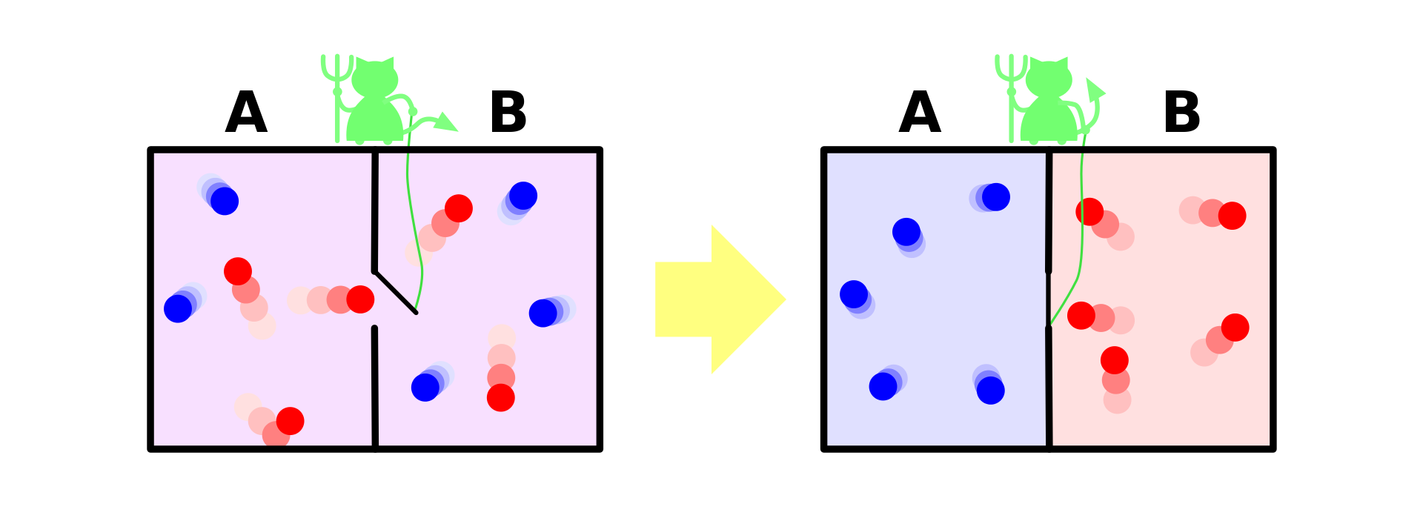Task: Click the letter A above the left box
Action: (x=246, y=113)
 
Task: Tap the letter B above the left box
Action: (x=508, y=113)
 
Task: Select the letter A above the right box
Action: (x=920, y=113)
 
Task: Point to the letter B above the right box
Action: (x=1182, y=113)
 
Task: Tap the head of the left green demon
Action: (x=374, y=78)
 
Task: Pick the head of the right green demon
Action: (x=1049, y=78)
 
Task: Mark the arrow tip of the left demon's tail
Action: (x=446, y=123)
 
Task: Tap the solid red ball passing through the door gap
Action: (x=360, y=299)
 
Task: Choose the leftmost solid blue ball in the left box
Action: (x=178, y=308)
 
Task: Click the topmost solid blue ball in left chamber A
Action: (x=225, y=201)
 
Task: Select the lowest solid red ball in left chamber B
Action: (x=501, y=397)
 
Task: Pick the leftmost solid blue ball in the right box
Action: (x=854, y=294)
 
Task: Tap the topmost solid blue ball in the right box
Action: (x=996, y=197)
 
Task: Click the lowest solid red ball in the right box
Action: (x=1115, y=360)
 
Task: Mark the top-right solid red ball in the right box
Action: (x=1233, y=216)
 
